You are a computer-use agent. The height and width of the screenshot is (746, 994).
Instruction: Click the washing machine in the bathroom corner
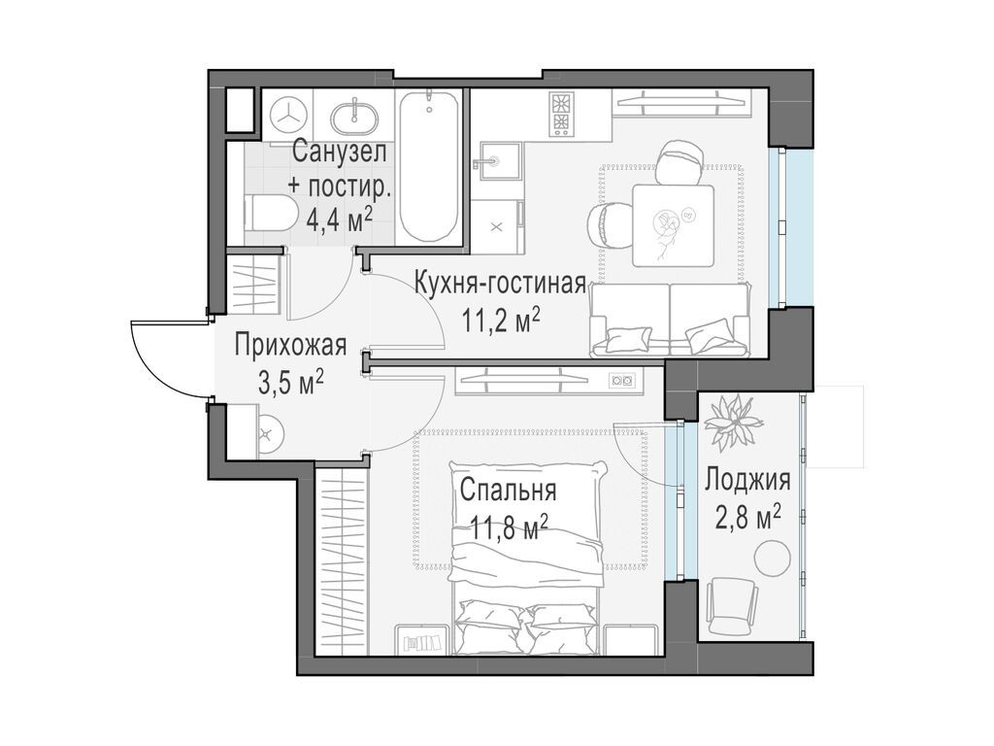tap(288, 115)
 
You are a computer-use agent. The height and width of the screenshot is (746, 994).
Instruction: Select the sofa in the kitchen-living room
tap(670, 321)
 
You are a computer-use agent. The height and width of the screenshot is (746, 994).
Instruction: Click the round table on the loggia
tap(772, 559)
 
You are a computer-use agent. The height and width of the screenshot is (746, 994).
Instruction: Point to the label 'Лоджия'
tap(746, 479)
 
